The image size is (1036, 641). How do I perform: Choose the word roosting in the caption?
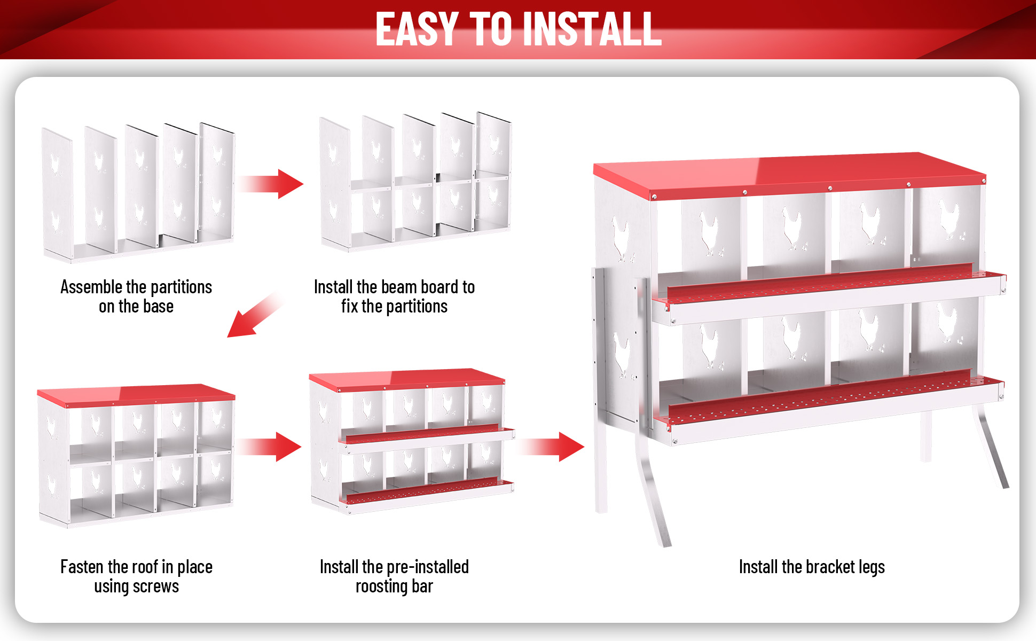(x=382, y=587)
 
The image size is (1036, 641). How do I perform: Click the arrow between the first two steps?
(x=271, y=184)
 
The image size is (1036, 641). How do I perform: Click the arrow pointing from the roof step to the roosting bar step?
(x=270, y=447)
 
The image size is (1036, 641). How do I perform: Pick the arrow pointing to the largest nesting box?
(x=552, y=447)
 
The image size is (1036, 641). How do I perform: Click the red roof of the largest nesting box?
(x=790, y=174)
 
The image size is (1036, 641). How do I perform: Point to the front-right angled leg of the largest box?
(x=990, y=446)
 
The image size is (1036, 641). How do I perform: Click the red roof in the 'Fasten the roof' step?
(x=136, y=394)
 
